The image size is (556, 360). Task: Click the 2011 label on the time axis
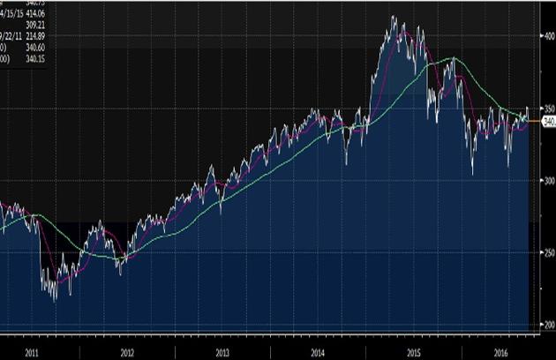pyautogui.click(x=33, y=352)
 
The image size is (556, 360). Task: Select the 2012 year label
pyautogui.click(x=127, y=352)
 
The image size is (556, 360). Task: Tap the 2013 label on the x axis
pyautogui.click(x=222, y=352)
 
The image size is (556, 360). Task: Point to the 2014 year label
pyautogui.click(x=317, y=352)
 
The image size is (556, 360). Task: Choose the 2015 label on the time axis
pyautogui.click(x=412, y=352)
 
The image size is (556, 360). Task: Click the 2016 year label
pyautogui.click(x=501, y=352)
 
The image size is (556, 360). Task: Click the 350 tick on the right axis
pyautogui.click(x=546, y=109)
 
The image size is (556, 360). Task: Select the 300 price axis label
pyautogui.click(x=546, y=181)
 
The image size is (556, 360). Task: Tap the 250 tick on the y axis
pyautogui.click(x=546, y=252)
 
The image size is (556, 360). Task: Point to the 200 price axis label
pyautogui.click(x=546, y=325)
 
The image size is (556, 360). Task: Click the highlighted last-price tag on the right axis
pyautogui.click(x=547, y=124)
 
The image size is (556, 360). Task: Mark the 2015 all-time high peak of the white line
pyautogui.click(x=393, y=17)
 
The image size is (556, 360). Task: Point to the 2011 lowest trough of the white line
pyautogui.click(x=56, y=301)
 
